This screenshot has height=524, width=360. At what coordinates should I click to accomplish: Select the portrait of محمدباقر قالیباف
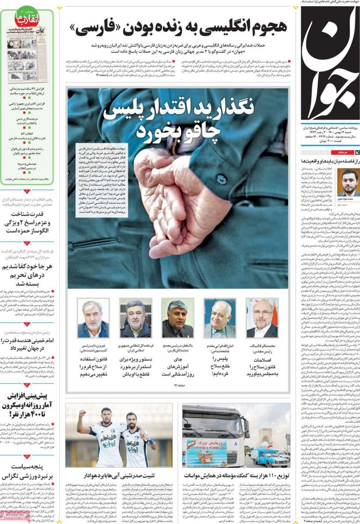[x=262, y=318]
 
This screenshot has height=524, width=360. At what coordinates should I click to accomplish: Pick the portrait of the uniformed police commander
[x=136, y=318]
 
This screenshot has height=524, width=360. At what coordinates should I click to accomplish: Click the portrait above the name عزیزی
[x=93, y=318]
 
